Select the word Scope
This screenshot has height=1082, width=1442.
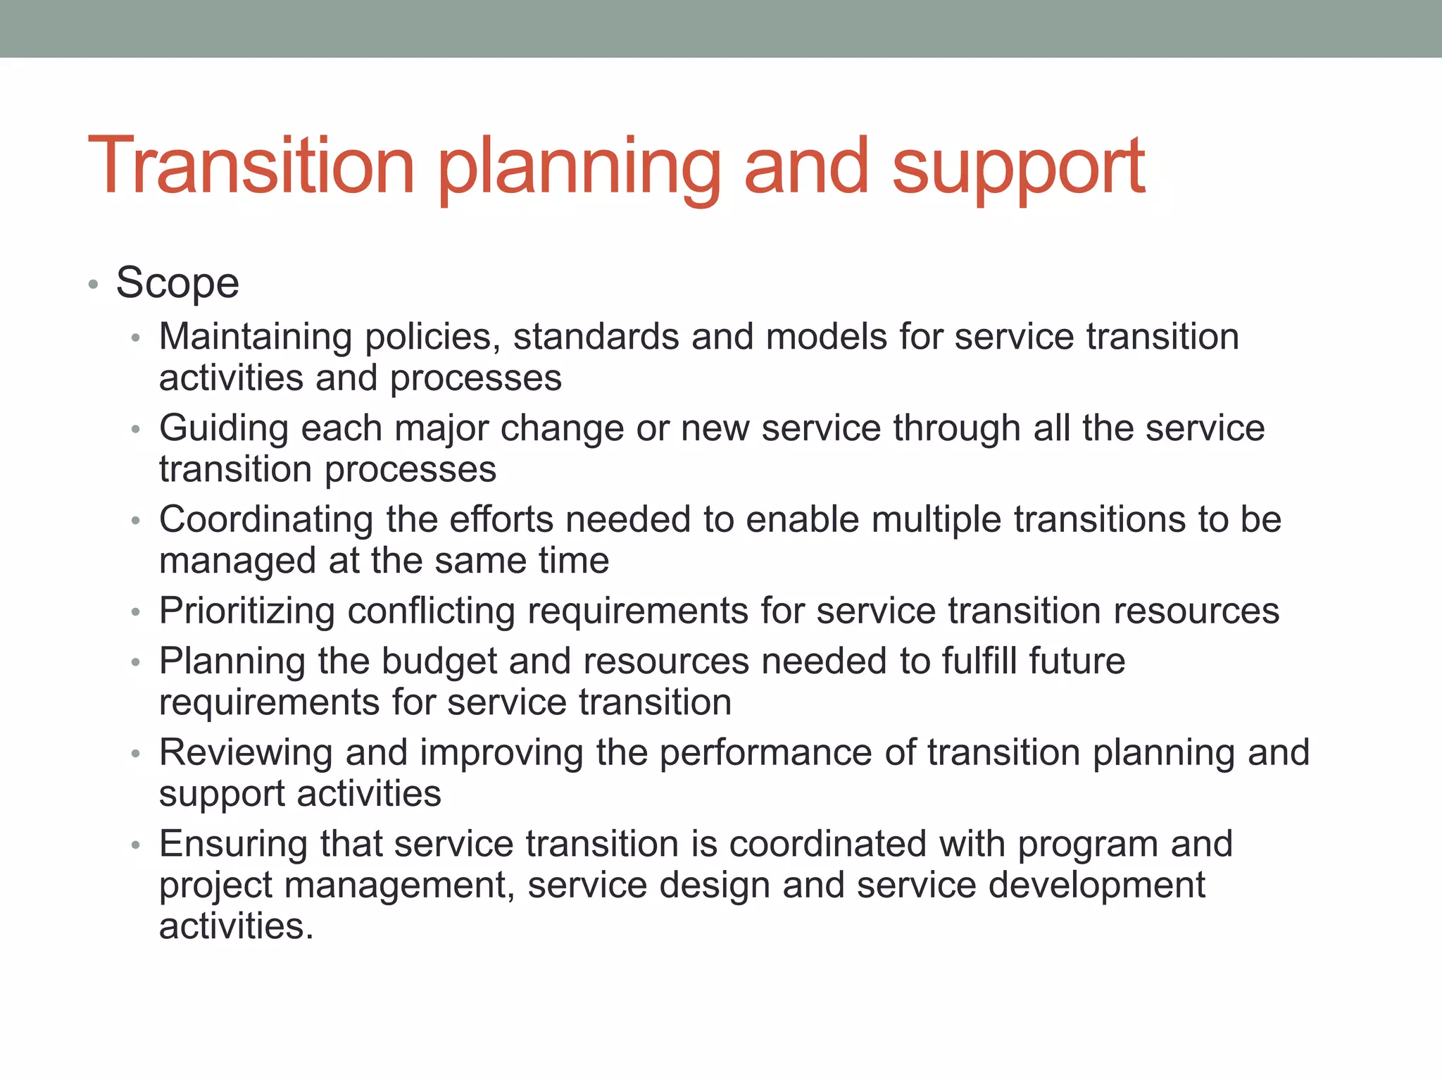point(177,283)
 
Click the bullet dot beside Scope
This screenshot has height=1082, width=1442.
point(93,285)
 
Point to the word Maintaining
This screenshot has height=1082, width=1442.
point(256,337)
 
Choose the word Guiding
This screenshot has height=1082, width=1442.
point(224,428)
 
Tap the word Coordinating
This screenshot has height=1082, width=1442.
point(266,520)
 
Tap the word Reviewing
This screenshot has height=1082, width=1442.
point(246,752)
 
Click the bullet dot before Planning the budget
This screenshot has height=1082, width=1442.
point(136,663)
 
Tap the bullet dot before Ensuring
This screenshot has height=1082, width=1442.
point(136,845)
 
